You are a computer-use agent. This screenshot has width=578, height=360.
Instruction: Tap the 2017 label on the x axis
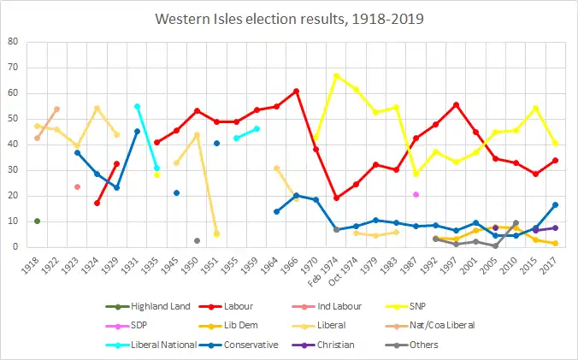tap(556, 261)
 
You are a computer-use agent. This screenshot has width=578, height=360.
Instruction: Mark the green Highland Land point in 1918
tap(37, 221)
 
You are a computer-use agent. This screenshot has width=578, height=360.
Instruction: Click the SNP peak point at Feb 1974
tap(336, 75)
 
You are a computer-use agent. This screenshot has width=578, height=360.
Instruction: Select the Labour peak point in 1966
tap(296, 91)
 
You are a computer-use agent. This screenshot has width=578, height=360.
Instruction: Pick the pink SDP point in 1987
tap(416, 194)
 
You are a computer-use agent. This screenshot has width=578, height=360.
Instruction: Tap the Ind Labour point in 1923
tap(77, 186)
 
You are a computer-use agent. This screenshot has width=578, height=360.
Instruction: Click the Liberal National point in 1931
tap(137, 106)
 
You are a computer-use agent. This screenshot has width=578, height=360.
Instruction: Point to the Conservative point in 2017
tap(556, 204)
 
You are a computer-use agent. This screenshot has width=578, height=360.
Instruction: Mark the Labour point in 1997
tap(456, 104)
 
